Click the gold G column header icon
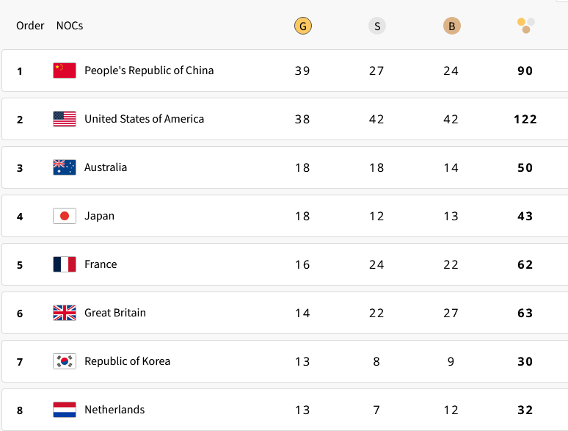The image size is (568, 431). point(302,26)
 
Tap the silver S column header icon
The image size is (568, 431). point(376,26)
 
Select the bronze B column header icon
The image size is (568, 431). point(451,26)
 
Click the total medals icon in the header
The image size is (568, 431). point(525,26)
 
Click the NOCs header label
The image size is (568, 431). point(70,26)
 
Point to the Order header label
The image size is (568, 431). point(30,26)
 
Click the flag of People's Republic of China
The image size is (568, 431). point(65,70)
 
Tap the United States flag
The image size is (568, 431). point(65,119)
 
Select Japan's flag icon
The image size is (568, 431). point(65,216)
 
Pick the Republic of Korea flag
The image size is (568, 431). point(65,361)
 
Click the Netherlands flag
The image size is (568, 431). point(65,410)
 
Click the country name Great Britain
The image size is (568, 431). point(115,313)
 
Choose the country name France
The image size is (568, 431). point(101,264)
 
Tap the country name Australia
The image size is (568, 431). point(106,167)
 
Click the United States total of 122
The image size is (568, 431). point(525,119)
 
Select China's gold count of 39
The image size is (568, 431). point(302,70)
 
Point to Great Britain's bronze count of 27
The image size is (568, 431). point(451,313)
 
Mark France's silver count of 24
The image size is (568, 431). point(376,264)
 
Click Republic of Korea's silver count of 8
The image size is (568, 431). point(376,361)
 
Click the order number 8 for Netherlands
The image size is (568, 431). point(20,410)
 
